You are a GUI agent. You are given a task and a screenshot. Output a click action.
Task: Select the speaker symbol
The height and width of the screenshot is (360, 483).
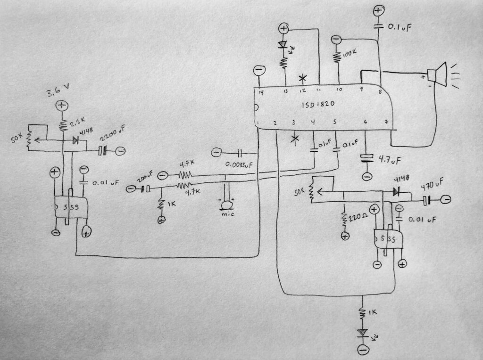(x=438, y=75)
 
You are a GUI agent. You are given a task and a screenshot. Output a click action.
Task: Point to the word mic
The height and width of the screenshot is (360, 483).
(x=228, y=214)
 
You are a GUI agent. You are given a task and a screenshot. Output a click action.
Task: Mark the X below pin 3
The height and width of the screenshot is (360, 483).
(x=295, y=139)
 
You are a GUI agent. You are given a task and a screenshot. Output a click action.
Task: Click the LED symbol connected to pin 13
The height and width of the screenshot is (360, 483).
(x=283, y=45)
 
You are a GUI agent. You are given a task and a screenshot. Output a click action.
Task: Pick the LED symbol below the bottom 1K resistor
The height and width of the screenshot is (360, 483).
(x=363, y=333)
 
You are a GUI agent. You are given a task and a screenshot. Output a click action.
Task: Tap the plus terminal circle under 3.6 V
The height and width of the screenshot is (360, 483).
(x=61, y=105)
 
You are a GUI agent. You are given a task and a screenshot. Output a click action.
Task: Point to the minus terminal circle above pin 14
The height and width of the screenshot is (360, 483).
(x=258, y=71)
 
